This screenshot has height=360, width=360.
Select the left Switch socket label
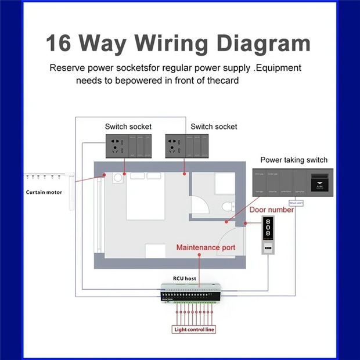[128, 126]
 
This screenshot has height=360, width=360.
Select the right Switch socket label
[214, 126]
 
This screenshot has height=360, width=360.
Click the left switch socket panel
[128, 145]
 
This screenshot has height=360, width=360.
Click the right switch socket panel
[187, 145]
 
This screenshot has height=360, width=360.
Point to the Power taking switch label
[294, 160]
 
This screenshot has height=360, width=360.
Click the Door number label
[271, 210]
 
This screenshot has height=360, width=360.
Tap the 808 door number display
[268, 227]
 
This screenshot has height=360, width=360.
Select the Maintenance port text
[206, 247]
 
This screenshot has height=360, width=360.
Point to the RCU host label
[185, 279]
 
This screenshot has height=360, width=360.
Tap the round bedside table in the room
[118, 177]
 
